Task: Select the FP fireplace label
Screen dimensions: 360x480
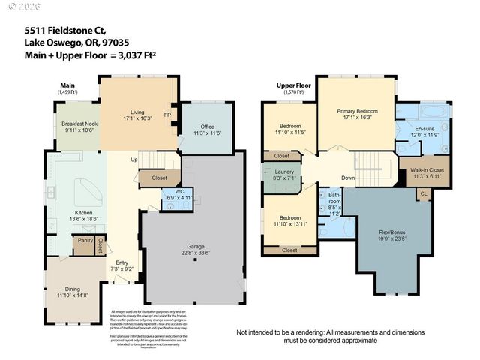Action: tap(168, 115)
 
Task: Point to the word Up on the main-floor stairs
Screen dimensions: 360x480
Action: tap(133, 160)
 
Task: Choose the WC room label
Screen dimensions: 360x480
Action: tap(179, 192)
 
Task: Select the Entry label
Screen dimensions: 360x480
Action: tap(121, 262)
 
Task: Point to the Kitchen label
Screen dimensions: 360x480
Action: tap(83, 213)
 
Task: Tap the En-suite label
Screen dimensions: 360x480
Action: tap(425, 128)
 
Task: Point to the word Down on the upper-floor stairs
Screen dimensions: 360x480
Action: tap(348, 178)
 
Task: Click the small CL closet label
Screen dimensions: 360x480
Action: tap(423, 193)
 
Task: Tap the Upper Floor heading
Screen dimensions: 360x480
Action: tap(293, 85)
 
